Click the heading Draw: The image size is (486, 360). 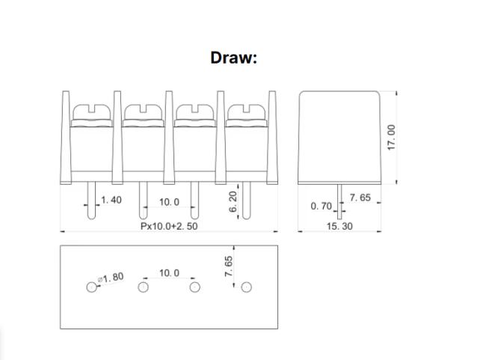pyautogui.click(x=233, y=58)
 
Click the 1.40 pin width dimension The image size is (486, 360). pyautogui.click(x=110, y=201)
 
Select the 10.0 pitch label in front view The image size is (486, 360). pyautogui.click(x=169, y=202)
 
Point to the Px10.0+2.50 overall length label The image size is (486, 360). pyautogui.click(x=169, y=226)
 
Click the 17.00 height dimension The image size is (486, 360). pyautogui.click(x=390, y=137)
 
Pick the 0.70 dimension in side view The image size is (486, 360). pyautogui.click(x=321, y=205)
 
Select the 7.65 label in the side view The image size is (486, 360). pyautogui.click(x=360, y=198)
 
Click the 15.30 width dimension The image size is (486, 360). pyautogui.click(x=339, y=226)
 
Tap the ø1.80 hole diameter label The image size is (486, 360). pyautogui.click(x=113, y=278)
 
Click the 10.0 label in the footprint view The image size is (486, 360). pyautogui.click(x=169, y=273)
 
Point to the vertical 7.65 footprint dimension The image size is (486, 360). pyautogui.click(x=230, y=266)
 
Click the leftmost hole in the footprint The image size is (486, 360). pyautogui.click(x=91, y=287)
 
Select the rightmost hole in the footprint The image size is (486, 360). pyautogui.click(x=246, y=287)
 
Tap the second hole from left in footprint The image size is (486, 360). pyautogui.click(x=143, y=287)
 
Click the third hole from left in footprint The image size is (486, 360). pyautogui.click(x=194, y=287)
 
